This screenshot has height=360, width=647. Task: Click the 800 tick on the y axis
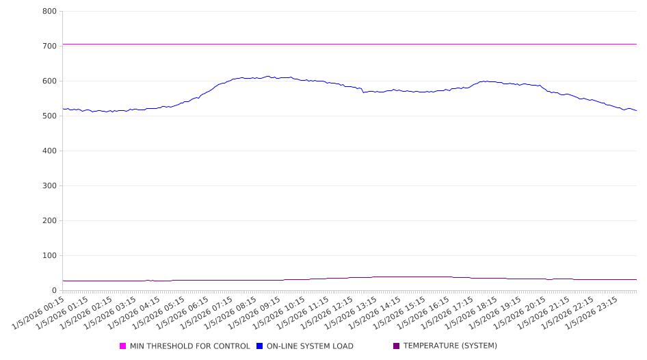pos(49,12)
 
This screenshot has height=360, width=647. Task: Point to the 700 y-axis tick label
pos(49,47)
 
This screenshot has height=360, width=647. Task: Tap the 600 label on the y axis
pos(49,81)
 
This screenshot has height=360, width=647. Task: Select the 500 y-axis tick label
pos(49,116)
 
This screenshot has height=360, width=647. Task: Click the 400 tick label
pos(49,151)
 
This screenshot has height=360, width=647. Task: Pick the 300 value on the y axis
pos(49,186)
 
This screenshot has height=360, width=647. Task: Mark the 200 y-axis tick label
pos(49,221)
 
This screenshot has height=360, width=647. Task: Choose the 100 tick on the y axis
pos(49,256)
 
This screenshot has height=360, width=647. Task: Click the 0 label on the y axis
pos(54,291)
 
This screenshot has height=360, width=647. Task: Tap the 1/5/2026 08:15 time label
pos(231,312)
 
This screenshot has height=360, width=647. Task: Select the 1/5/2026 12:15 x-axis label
pos(328,312)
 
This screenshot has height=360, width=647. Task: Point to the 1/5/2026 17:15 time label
pos(448,312)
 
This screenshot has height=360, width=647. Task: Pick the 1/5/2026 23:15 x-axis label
pos(592,312)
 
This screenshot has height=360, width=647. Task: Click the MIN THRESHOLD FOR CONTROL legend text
pos(189,346)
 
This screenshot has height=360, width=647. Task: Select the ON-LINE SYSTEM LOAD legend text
pos(310,346)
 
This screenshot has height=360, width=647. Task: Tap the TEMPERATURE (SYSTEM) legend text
pos(450,346)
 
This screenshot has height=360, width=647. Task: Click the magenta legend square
pos(123,346)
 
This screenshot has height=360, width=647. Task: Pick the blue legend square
pos(260,346)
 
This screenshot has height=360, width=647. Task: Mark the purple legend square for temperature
pos(397,346)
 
